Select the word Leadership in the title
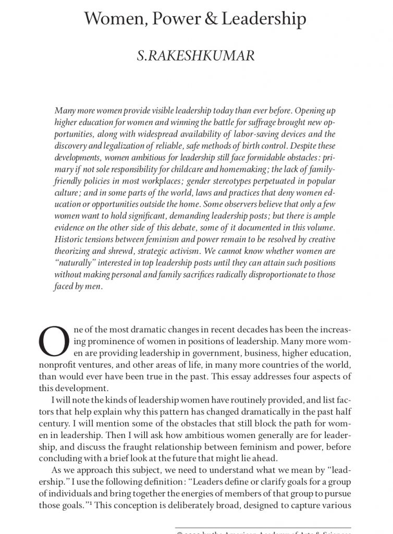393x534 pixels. click(264, 20)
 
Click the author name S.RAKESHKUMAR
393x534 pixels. click(195, 56)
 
